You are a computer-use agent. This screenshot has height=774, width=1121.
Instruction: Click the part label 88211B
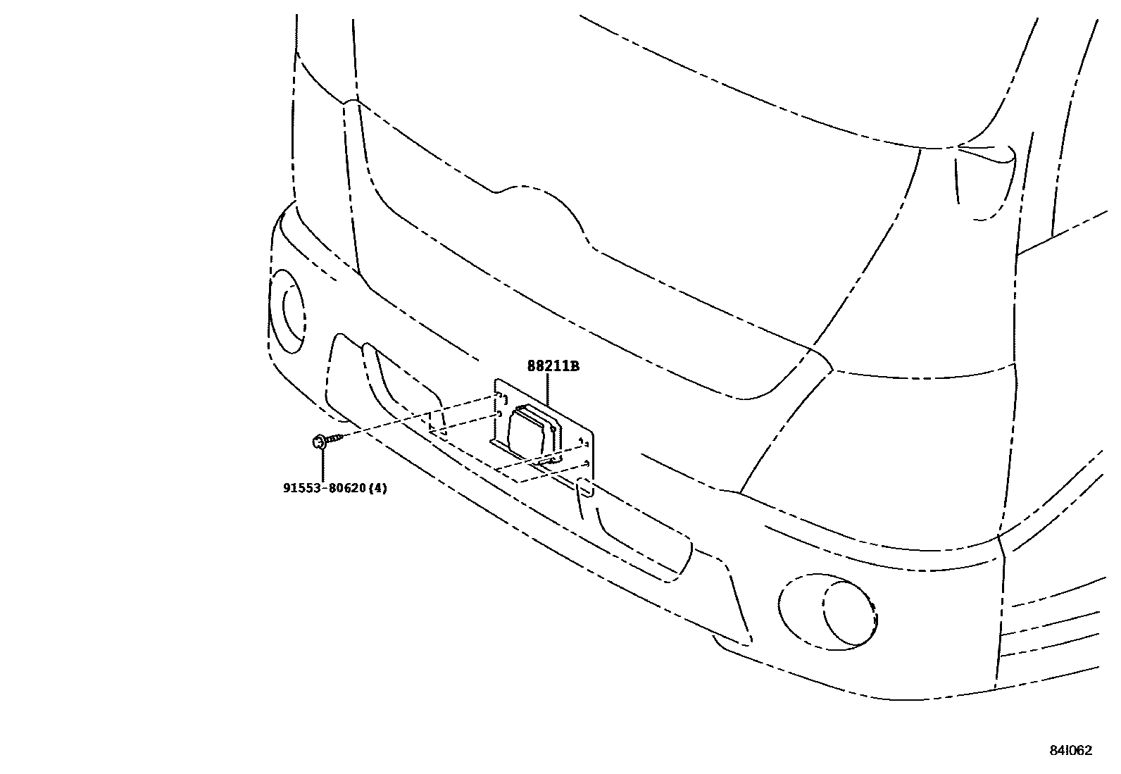click(x=553, y=366)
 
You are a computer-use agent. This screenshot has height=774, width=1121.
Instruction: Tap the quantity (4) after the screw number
click(x=378, y=487)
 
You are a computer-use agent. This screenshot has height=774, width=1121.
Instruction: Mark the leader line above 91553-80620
click(x=322, y=465)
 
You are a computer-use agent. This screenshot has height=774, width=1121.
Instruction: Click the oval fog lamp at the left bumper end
click(x=289, y=310)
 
